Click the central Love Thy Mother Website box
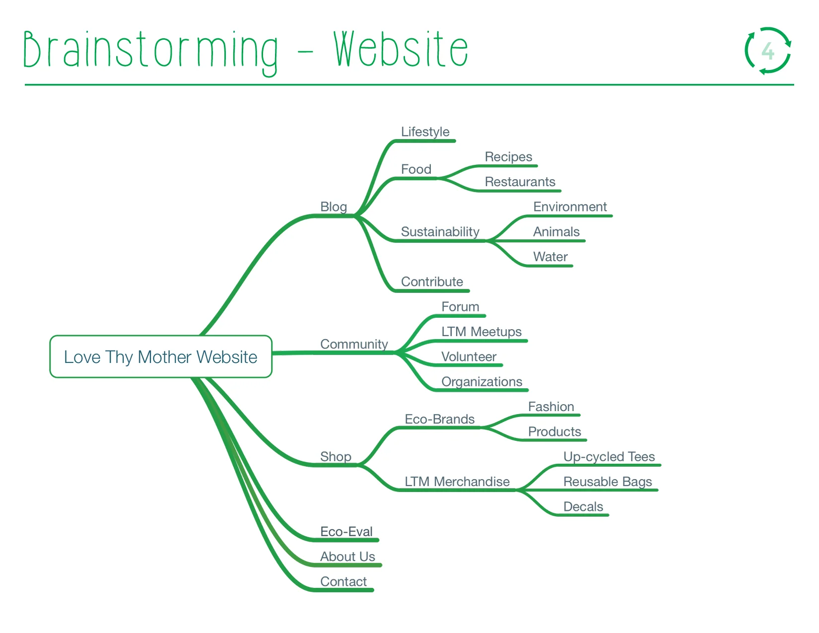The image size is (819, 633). coord(160,357)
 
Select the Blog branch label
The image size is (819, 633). coord(334,207)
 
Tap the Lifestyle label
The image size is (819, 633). coord(425,132)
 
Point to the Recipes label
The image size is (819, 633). coord(508,157)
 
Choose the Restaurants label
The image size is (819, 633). coord(520,182)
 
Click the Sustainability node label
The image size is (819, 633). coord(440,232)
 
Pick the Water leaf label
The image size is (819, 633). coord(550,257)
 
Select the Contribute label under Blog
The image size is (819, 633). coord(432,282)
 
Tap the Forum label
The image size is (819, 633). coord(460,307)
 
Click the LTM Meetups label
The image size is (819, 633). coord(481,332)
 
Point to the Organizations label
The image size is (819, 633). coord(481,382)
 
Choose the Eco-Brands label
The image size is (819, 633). coord(439,419)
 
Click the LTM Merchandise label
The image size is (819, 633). coord(457,482)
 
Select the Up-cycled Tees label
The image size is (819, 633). coord(609,457)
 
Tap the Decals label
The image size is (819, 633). coord(583,507)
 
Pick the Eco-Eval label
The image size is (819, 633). coord(346,532)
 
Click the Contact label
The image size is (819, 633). coord(343,581)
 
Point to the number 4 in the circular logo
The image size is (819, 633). coord(768,51)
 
